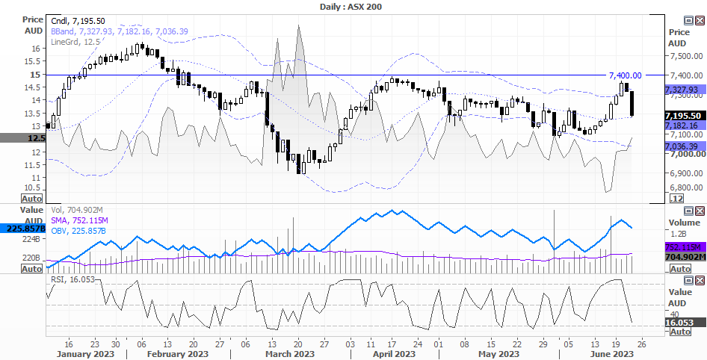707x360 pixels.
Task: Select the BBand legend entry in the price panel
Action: coord(120,31)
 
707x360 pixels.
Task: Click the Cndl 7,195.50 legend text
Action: coord(78,21)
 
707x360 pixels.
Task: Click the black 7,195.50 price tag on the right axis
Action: coord(685,116)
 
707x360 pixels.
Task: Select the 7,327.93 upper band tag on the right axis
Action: coord(685,90)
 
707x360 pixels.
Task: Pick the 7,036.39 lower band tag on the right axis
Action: coord(685,146)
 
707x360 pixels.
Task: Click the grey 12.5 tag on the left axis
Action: coord(22,138)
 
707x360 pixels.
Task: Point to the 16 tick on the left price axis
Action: coord(38,49)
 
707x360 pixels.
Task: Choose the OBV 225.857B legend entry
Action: coord(78,231)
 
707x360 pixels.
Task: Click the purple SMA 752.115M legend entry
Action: coord(79,220)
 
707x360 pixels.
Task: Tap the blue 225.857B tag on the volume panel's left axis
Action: coord(22,229)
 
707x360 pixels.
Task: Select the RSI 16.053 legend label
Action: coord(72,279)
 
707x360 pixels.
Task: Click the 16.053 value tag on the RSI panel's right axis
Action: coord(685,322)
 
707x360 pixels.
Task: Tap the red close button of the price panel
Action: coord(700,20)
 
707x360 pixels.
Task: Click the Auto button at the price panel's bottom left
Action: coord(31,199)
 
